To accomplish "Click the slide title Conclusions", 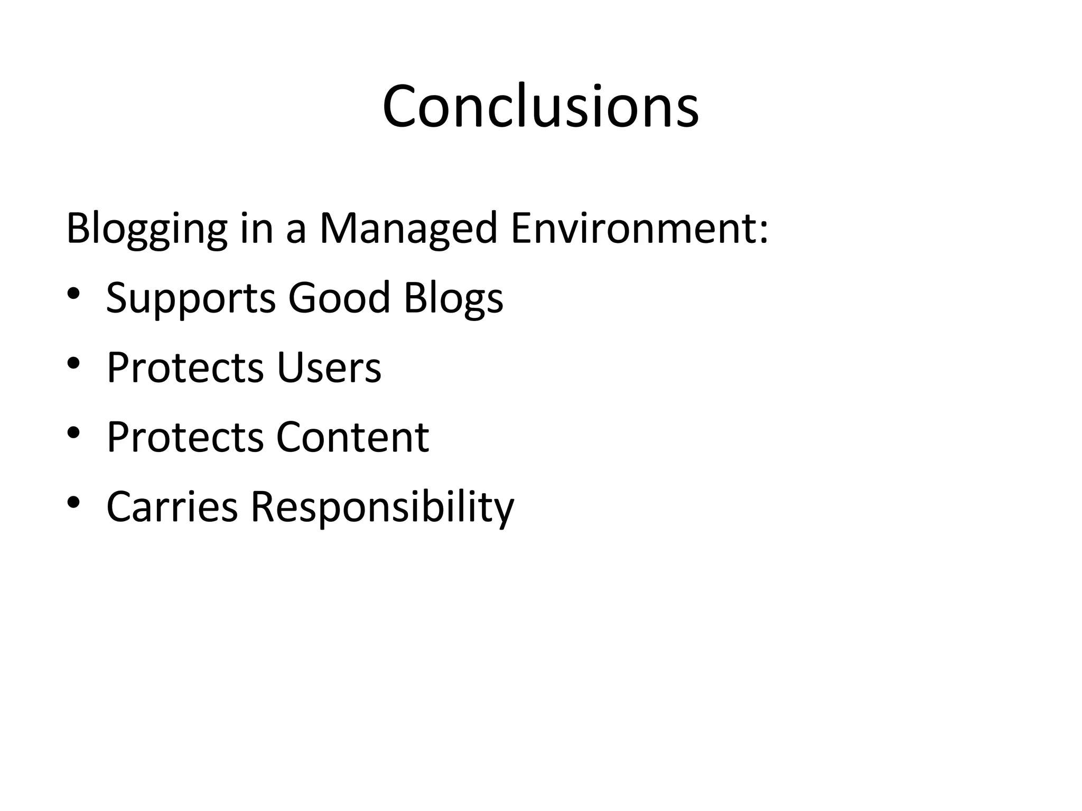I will [x=540, y=107].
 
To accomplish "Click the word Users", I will [x=328, y=367].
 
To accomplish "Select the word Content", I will [x=352, y=437].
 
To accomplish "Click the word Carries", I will [x=172, y=507].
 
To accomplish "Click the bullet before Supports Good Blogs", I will [x=73, y=293].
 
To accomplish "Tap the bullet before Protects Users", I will [x=73, y=363].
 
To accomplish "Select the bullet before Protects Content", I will [x=73, y=432].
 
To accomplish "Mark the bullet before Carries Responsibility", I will [x=73, y=502].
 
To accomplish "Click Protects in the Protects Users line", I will [x=185, y=367].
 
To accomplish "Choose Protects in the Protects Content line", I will [x=185, y=437].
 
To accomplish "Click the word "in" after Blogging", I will [x=256, y=228].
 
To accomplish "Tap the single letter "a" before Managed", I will [x=296, y=232].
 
